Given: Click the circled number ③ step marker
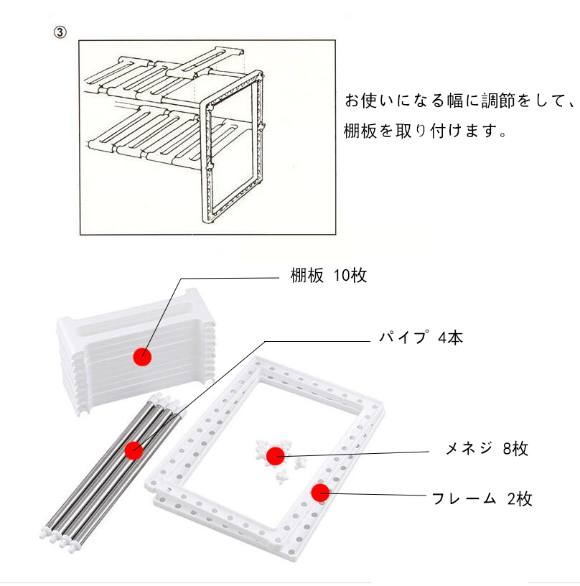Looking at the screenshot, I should pos(60,33).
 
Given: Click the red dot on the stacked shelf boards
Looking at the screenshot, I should pos(142,355).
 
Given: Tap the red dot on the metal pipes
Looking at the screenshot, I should pos(133,450).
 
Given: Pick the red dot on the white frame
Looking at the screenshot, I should pos(319,492).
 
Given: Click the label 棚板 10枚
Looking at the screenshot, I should pos(328,276).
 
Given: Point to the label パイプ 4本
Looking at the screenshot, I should pos(421,338).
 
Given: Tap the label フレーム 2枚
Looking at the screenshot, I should pos(482,498).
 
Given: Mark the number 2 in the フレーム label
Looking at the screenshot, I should pos(510,498).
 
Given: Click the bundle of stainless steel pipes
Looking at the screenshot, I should pos(108,467).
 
